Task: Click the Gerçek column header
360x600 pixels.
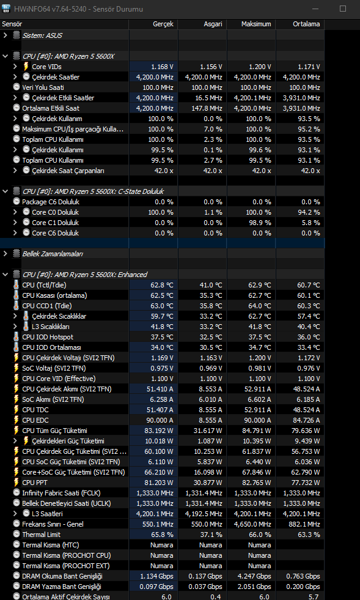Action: coord(163,24)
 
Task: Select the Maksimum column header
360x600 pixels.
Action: coord(256,24)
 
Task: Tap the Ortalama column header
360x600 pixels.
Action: coord(306,24)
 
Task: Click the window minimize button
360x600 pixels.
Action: coord(315,9)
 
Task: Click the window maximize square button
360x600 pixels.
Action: coord(343,9)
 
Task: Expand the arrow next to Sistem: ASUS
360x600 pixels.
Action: coord(6,35)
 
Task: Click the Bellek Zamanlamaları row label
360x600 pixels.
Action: coord(53,254)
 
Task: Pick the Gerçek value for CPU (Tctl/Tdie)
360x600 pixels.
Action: coord(162,285)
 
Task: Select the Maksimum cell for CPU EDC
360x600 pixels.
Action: coord(257,420)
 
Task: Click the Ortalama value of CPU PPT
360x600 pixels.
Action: coord(306,483)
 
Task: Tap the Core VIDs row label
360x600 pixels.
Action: coord(46,67)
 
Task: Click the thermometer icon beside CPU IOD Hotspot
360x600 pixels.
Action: coord(16,337)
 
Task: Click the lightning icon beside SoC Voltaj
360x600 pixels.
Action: coord(16,368)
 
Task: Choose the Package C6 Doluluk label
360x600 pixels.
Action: coord(51,202)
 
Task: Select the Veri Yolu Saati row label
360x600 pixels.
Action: coord(43,87)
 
